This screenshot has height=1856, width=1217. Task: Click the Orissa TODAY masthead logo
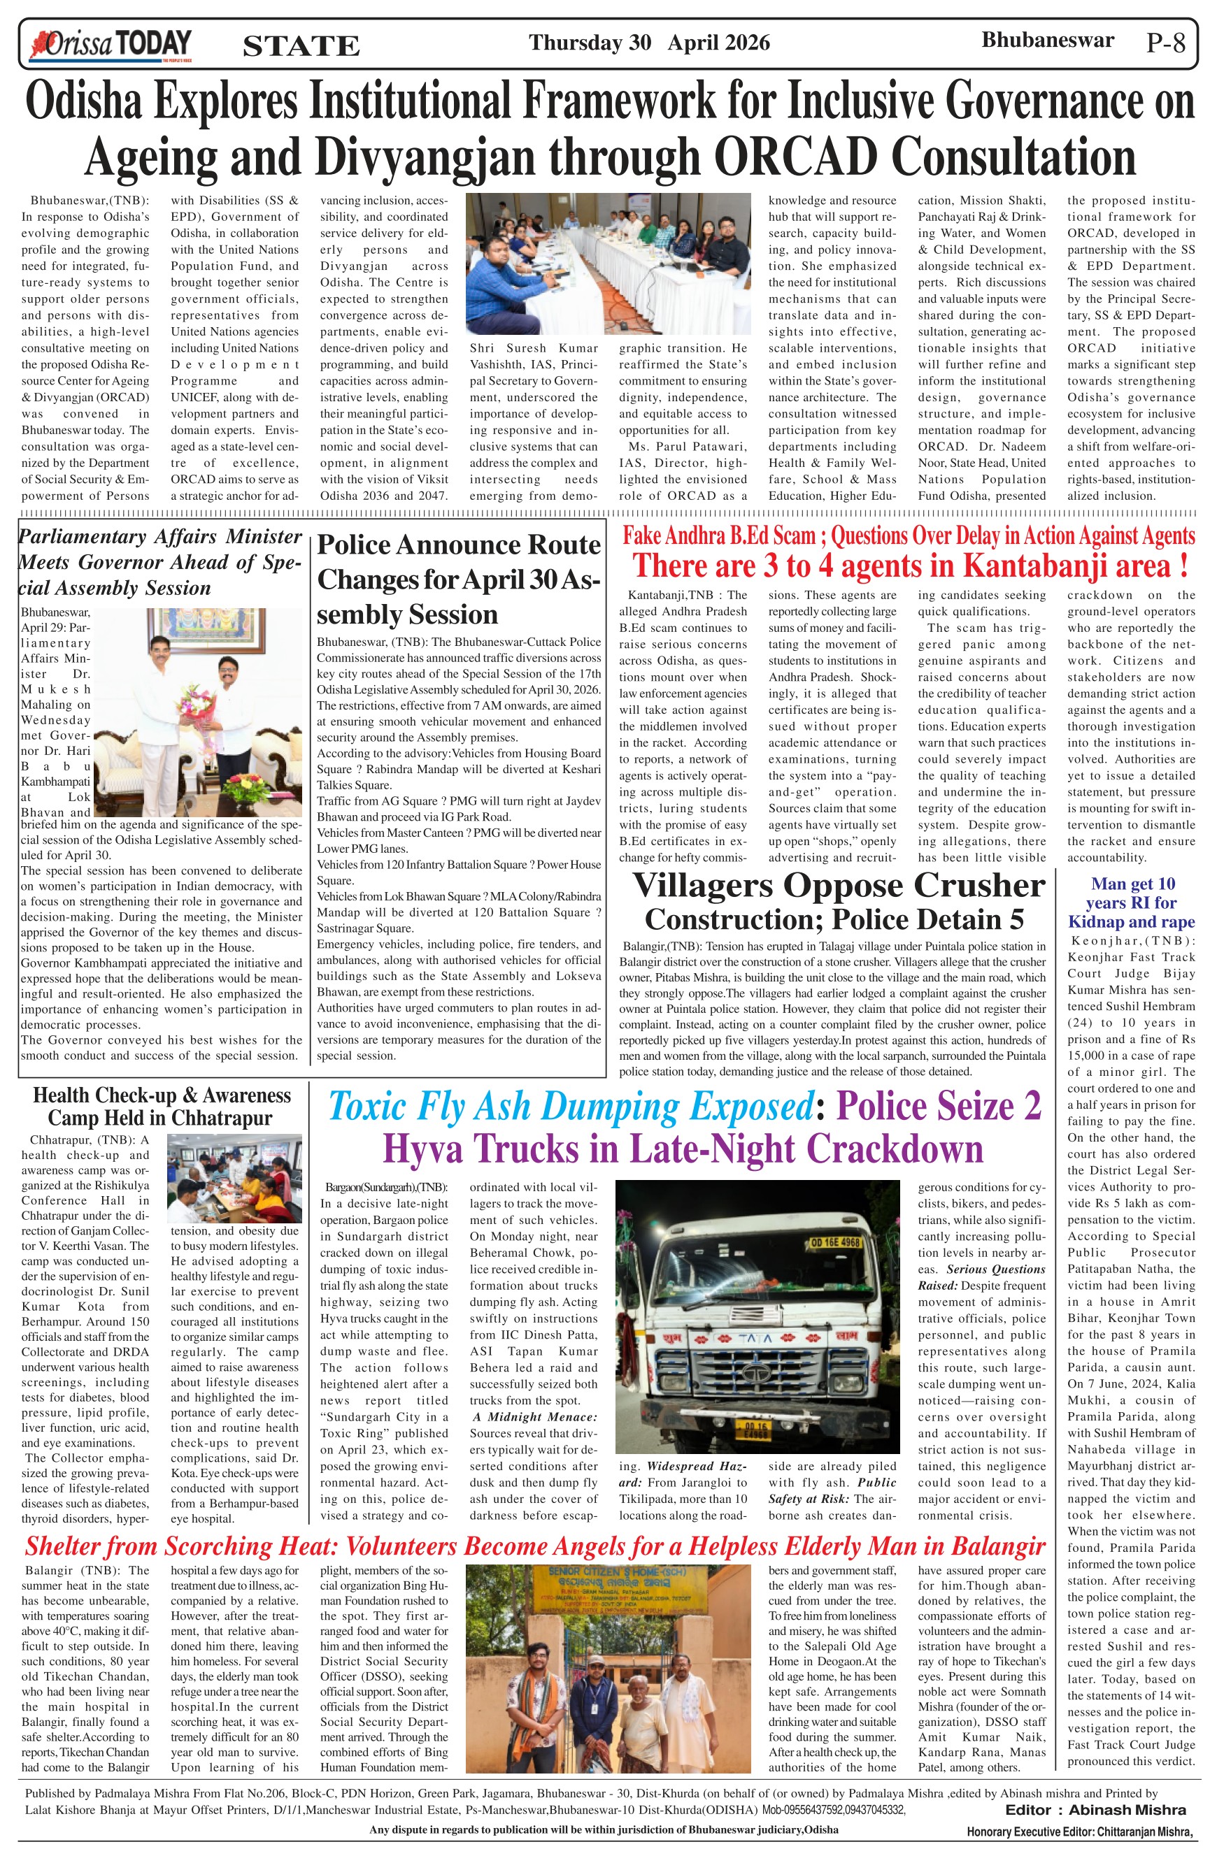click(110, 43)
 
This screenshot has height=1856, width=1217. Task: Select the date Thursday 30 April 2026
click(649, 42)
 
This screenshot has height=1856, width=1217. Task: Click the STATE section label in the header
click(301, 46)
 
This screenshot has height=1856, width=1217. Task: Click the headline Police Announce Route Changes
click(459, 579)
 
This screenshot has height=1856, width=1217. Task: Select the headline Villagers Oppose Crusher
click(838, 885)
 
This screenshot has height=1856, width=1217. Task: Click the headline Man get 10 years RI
click(1132, 903)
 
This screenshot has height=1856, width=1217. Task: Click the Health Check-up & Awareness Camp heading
click(162, 1107)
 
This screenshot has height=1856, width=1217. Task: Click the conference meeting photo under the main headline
click(608, 264)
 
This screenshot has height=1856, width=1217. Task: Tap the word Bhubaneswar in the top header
click(1048, 41)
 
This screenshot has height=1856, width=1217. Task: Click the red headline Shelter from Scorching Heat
click(534, 1546)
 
